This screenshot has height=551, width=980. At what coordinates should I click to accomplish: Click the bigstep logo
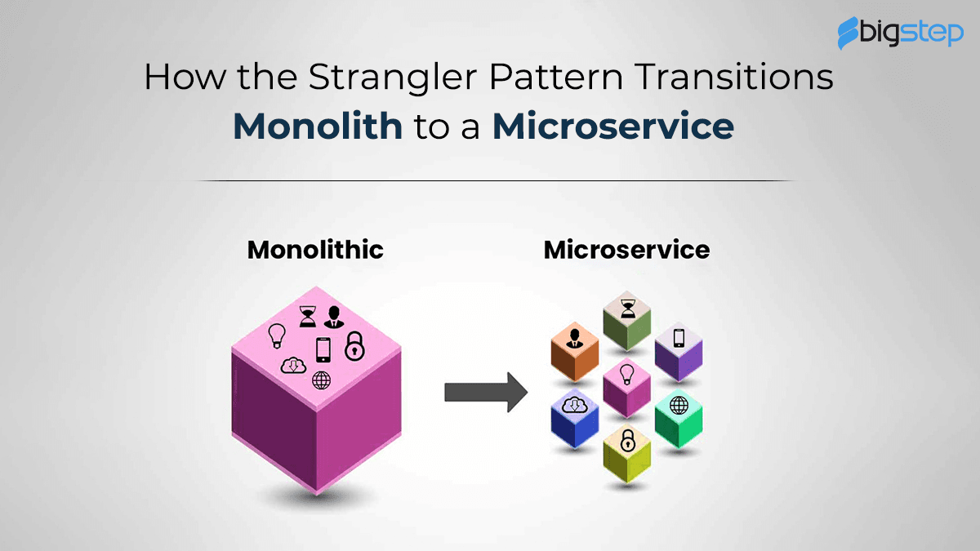point(900,33)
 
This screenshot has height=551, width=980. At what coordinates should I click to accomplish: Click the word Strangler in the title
point(393,78)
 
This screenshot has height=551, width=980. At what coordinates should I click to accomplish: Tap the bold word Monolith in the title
point(318,126)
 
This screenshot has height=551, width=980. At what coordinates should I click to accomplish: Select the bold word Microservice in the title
point(613,126)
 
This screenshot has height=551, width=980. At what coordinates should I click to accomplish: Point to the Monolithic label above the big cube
point(315,250)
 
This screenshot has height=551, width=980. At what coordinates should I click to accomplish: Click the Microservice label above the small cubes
point(626,250)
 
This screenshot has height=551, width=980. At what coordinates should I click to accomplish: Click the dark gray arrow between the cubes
point(486,392)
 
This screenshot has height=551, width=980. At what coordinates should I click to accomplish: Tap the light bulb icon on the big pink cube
point(277,335)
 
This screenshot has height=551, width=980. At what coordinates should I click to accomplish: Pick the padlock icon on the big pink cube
point(354,346)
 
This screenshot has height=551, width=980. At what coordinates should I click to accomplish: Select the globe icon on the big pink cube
point(321,380)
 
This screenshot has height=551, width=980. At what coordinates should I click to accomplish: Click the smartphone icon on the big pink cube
point(323,350)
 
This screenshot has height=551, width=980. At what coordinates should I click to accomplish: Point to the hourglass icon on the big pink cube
point(308,316)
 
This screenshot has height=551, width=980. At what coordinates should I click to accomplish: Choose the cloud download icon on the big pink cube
point(293,366)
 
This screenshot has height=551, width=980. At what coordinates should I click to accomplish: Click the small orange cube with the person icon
point(574,352)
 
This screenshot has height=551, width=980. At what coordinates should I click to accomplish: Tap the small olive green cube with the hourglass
point(627,321)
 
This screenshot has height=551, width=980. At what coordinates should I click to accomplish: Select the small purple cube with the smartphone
point(679,352)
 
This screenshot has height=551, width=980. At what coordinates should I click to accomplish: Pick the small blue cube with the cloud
point(574,419)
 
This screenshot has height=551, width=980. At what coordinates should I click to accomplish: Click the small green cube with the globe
point(679,419)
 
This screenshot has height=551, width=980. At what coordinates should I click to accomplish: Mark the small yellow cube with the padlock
point(627,454)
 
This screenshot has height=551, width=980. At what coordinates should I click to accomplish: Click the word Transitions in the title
point(733,77)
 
